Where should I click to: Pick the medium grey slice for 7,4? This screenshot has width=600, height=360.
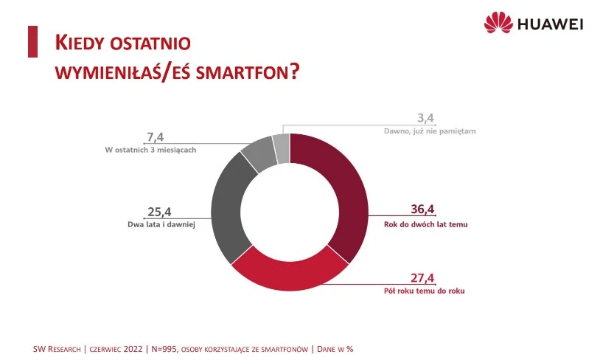coord(258,152)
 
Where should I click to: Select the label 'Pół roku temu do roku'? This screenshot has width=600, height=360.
coord(427,291)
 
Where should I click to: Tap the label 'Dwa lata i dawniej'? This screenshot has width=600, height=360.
coord(160,224)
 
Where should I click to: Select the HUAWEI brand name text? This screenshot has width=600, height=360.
coord(551,24)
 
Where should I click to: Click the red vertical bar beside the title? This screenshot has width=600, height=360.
coord(32,41)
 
